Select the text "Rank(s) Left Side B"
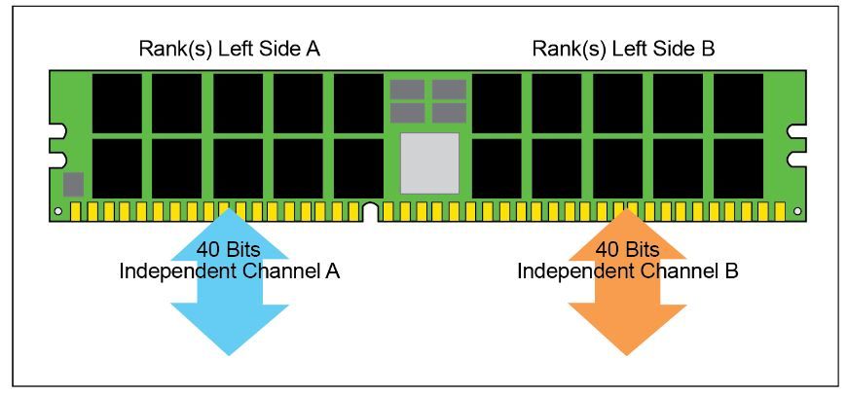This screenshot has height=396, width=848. point(623,48)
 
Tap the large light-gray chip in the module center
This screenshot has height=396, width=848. point(429,162)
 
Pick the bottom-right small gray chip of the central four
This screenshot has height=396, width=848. point(449,113)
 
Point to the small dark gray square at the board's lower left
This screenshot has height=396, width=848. point(73,184)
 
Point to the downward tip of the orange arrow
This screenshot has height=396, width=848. point(626,352)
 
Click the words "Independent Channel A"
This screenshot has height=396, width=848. point(229,270)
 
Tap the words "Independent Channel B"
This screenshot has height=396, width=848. point(627,270)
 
